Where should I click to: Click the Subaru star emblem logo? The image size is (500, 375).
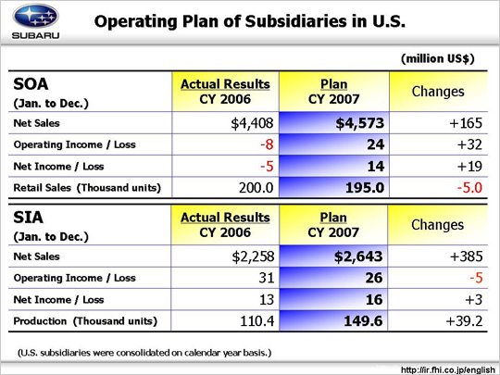(x=35, y=16)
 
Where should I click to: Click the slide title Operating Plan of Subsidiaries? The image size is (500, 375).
(x=250, y=21)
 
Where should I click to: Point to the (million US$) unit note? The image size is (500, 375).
(x=438, y=58)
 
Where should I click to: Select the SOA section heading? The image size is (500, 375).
(x=31, y=84)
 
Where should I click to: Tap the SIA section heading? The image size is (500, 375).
(x=28, y=218)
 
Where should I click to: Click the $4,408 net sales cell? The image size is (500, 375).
(x=252, y=123)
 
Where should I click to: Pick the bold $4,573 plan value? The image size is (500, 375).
(x=359, y=123)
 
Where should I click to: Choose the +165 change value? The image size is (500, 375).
(x=466, y=123)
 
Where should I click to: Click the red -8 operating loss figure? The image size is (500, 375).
(x=267, y=144)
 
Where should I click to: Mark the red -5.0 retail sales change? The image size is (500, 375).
(x=469, y=187)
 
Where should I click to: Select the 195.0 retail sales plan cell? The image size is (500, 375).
(x=365, y=187)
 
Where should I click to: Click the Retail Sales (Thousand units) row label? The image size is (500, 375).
(x=87, y=187)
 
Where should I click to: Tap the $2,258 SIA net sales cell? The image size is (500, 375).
(x=253, y=256)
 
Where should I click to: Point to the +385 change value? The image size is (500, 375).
(x=466, y=256)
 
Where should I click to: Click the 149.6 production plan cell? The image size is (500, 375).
(x=363, y=320)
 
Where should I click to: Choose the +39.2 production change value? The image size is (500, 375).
(x=464, y=320)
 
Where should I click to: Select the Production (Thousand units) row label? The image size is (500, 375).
(x=85, y=321)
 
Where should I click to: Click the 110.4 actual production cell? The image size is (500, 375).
(x=256, y=320)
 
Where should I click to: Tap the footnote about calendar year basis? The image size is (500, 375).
(x=144, y=353)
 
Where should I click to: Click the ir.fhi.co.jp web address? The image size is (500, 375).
(x=448, y=369)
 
